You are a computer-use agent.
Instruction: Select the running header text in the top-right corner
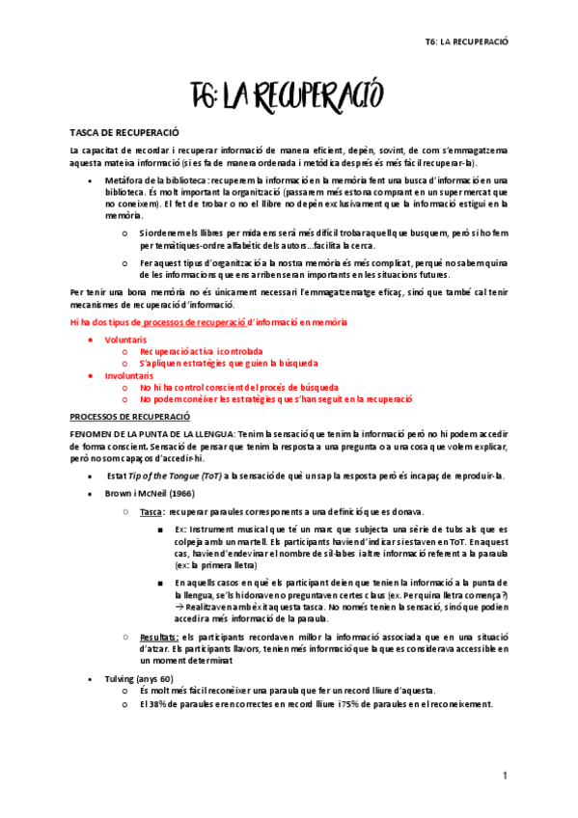pos(467,42)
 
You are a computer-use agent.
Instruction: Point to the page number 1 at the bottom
pos(504,777)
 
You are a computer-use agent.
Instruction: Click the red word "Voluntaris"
pos(126,341)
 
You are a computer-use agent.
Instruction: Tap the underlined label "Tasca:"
pos(151,510)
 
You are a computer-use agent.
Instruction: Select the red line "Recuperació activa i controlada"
pos(201,352)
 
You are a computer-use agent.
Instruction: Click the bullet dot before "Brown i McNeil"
pos(90,494)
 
